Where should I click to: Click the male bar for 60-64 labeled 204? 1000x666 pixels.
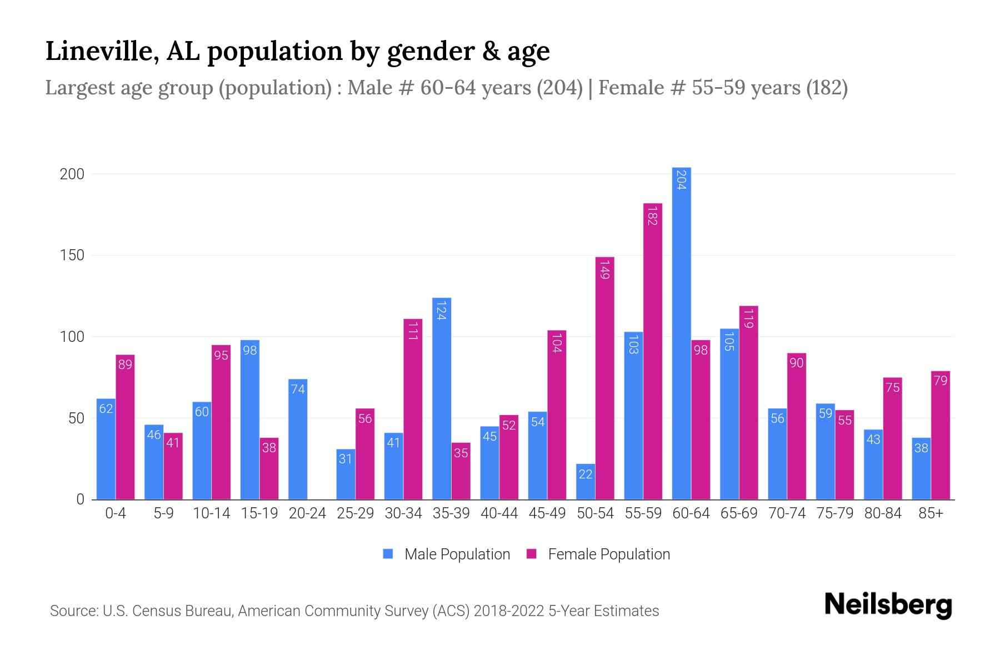pos(681,333)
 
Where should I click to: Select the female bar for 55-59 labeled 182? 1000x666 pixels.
pos(653,351)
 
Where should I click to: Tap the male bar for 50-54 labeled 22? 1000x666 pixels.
pos(586,481)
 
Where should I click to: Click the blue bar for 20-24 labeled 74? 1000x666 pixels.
pos(298,439)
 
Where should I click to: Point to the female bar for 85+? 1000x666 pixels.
pos(941,435)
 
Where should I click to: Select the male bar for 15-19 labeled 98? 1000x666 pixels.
pos(250,420)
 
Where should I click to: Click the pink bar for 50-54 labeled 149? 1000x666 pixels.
pos(604,378)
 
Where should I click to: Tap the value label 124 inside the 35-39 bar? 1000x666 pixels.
pos(441,310)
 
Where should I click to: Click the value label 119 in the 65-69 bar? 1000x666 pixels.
pos(748,319)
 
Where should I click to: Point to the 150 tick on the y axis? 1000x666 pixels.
pos(72,255)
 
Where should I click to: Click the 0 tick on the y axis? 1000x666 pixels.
pos(81,500)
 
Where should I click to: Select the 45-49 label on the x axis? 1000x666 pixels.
pos(547,513)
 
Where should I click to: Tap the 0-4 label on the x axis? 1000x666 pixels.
pos(116,513)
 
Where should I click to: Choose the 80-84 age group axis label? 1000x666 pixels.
pos(883,513)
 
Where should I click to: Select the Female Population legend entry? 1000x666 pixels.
pos(598,554)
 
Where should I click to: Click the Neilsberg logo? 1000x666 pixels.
pos(888,605)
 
